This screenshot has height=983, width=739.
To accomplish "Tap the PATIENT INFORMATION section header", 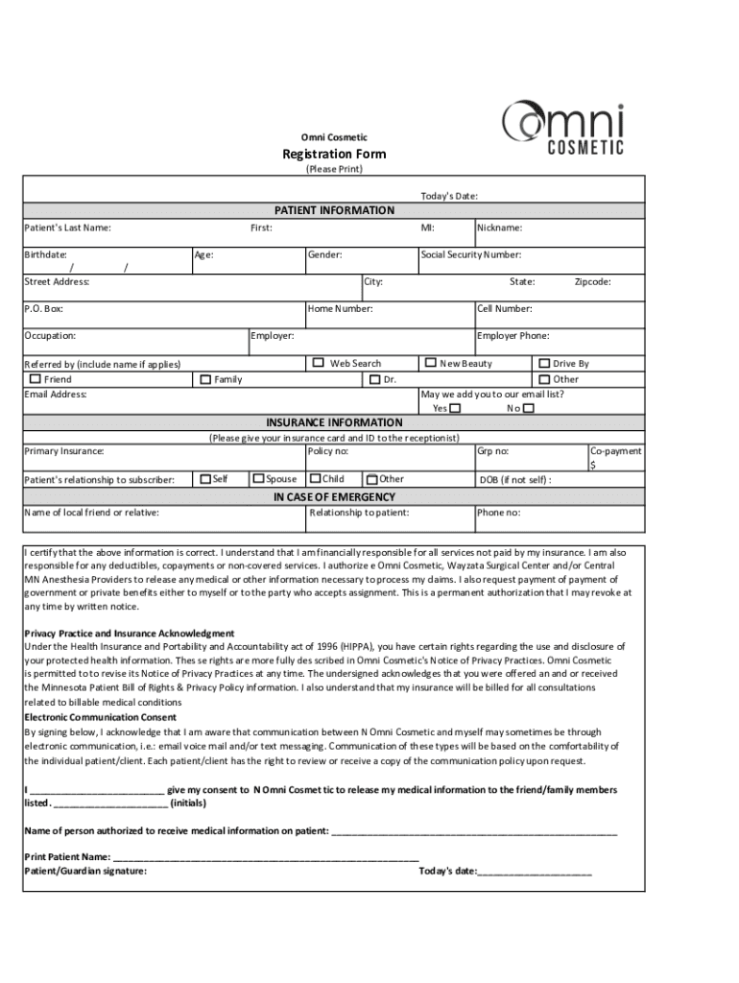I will coord(334,210).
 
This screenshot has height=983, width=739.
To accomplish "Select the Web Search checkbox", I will coord(319,363).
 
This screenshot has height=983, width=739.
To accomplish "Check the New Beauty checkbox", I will coord(430,363).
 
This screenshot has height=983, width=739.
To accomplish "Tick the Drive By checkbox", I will coord(543,363).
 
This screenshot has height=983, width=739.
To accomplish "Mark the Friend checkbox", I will coord(35,379).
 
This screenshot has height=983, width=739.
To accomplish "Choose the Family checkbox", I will coord(204,379).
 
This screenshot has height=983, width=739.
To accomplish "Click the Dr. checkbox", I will coord(374,379).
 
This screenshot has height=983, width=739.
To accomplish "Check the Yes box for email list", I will coord(455,408).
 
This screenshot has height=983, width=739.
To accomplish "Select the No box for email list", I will coord(528,408).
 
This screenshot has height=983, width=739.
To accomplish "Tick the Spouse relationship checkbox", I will coord(257,478).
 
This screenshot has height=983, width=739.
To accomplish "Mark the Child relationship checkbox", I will coord(315,478).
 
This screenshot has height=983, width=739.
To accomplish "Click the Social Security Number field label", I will coord(471,255).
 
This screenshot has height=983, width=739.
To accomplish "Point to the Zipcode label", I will coord(592,282).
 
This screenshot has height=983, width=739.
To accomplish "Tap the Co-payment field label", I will coord(615,450).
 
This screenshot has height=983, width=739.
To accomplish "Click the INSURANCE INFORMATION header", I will coord(334,422).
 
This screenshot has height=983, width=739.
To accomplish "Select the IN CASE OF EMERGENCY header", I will coord(334,497).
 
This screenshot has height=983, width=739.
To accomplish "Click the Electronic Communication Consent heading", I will coord(100,717).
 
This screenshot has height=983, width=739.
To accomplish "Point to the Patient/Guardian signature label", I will coord(85,871).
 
